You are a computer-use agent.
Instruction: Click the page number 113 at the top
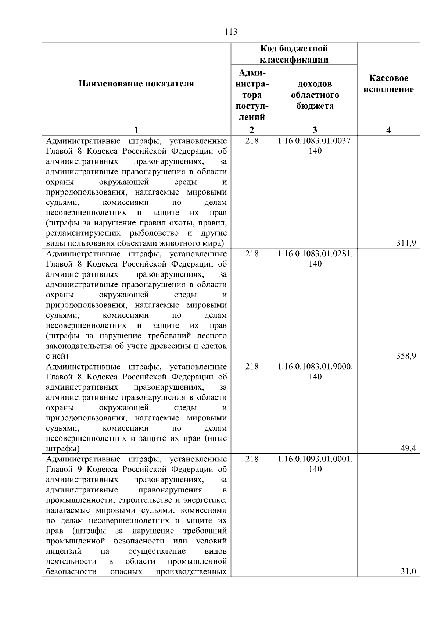[x=231, y=32]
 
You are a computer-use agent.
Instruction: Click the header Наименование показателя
[x=136, y=84]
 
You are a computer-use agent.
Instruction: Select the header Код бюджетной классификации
[x=294, y=54]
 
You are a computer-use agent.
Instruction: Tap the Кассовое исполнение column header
[x=388, y=84]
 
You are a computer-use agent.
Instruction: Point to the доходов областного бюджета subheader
[x=315, y=95]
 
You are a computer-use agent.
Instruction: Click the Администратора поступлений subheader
[x=252, y=95]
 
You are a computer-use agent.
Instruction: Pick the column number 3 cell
[x=315, y=130]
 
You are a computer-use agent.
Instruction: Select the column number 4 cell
[x=388, y=130]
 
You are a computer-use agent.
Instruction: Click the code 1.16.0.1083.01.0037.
[x=315, y=141]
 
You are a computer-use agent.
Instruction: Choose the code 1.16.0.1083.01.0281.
[x=315, y=254]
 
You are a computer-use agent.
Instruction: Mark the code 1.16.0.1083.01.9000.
[x=315, y=367]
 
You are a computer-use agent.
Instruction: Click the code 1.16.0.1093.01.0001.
[x=315, y=459]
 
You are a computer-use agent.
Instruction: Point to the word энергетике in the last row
[x=207, y=500]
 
